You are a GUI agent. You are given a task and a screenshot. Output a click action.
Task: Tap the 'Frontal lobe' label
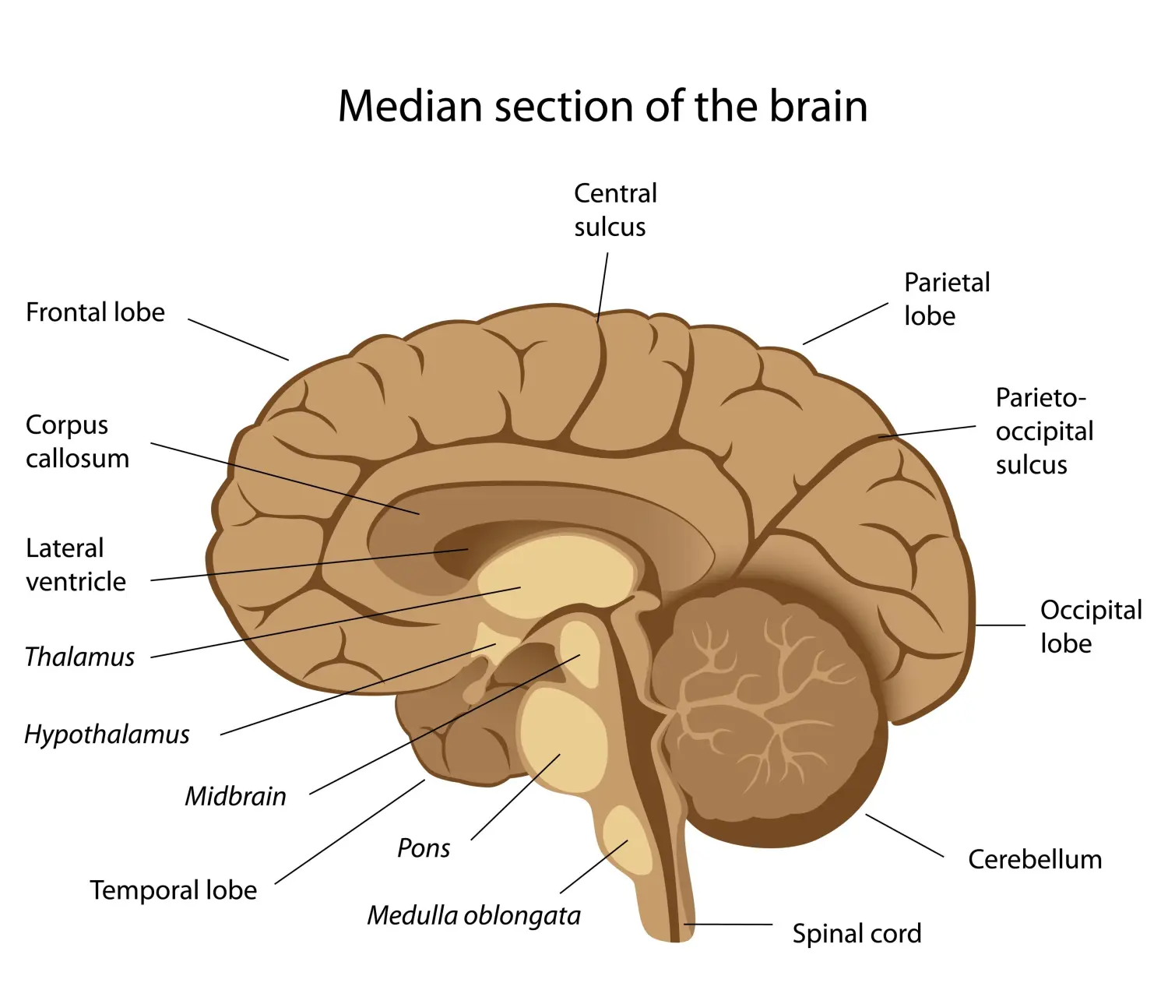tap(95, 312)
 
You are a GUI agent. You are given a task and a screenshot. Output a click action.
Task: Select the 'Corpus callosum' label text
tap(77, 442)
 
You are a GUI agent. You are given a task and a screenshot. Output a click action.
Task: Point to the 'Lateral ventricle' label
tap(76, 565)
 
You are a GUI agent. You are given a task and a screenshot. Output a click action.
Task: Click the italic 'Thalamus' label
tap(79, 657)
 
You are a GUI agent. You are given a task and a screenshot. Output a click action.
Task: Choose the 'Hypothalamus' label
tap(107, 735)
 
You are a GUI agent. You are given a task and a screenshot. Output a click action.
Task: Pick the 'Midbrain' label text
tap(235, 796)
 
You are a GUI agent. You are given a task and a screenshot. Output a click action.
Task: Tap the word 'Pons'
tap(424, 848)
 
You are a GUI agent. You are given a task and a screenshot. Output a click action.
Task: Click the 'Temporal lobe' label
tap(173, 890)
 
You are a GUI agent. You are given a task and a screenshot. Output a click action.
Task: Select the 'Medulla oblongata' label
tap(473, 916)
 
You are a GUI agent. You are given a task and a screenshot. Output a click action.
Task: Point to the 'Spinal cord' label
tap(857, 933)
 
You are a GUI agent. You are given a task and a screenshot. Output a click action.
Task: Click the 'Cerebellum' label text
tap(1035, 859)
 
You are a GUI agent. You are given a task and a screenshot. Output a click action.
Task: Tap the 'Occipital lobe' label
tap(1090, 626)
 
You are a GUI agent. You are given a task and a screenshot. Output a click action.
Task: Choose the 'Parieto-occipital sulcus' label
tap(1043, 431)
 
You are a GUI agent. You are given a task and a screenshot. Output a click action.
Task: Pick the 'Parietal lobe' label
tap(946, 299)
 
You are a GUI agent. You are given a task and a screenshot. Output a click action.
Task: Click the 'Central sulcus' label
tap(614, 210)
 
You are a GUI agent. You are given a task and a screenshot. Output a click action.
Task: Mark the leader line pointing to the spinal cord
tap(728, 925)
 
